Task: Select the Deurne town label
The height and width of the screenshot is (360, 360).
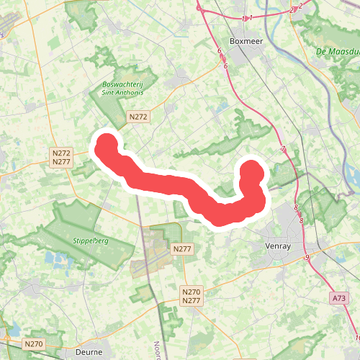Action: tap(90, 354)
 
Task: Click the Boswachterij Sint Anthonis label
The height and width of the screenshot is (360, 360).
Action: tap(118, 88)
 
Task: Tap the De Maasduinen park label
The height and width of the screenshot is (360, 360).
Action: tap(337, 52)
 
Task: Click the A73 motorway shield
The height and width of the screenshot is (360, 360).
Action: tap(339, 297)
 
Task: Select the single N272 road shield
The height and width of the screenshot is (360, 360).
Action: tap(138, 116)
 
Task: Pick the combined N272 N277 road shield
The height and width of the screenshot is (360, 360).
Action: tap(61, 158)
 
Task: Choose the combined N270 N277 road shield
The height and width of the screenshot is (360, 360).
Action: tap(191, 296)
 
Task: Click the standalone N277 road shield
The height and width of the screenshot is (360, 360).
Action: tap(183, 248)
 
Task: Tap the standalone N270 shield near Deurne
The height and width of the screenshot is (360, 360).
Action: tap(34, 344)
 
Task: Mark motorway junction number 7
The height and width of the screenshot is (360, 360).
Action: tap(284, 149)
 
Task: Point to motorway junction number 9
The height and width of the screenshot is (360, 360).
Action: tap(307, 257)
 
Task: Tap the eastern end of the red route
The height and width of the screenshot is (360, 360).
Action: tap(252, 171)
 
